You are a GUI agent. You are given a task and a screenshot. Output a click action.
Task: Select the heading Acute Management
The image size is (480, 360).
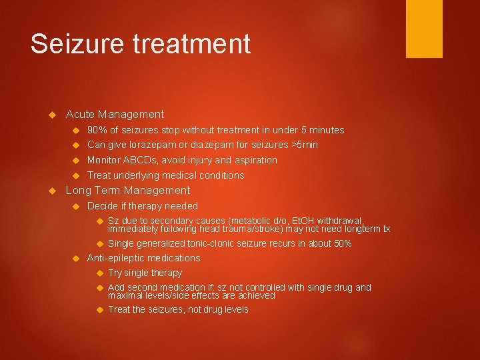[x=115, y=115]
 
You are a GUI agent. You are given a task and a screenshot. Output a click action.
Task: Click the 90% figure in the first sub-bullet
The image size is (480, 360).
[x=97, y=130]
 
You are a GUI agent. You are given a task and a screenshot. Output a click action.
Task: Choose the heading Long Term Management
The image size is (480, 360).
[x=128, y=191]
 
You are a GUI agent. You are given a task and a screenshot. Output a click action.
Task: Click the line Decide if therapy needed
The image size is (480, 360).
[x=143, y=206]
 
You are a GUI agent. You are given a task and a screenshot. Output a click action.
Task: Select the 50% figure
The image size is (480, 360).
[x=342, y=244]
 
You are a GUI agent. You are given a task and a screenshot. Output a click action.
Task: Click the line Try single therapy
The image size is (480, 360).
[x=145, y=273]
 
